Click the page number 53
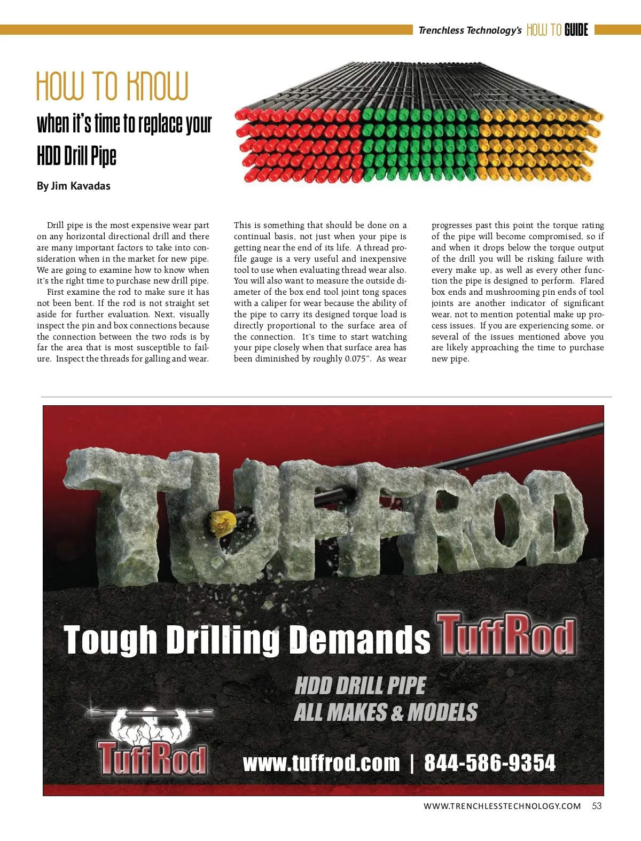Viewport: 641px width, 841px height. click(x=597, y=806)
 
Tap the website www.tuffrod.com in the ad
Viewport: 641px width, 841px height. click(x=321, y=763)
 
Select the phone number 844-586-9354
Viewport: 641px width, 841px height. click(x=490, y=763)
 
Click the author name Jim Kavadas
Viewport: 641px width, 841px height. click(x=81, y=186)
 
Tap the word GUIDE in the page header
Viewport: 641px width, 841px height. click(x=576, y=30)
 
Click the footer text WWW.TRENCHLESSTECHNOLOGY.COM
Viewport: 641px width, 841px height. click(x=502, y=806)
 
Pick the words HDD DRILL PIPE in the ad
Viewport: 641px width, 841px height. click(x=361, y=686)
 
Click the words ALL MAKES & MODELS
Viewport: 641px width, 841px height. click(x=386, y=712)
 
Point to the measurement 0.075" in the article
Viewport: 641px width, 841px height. click(x=355, y=359)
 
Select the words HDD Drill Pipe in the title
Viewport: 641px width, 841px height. click(x=76, y=155)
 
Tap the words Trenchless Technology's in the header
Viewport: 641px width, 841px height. click(x=470, y=30)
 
